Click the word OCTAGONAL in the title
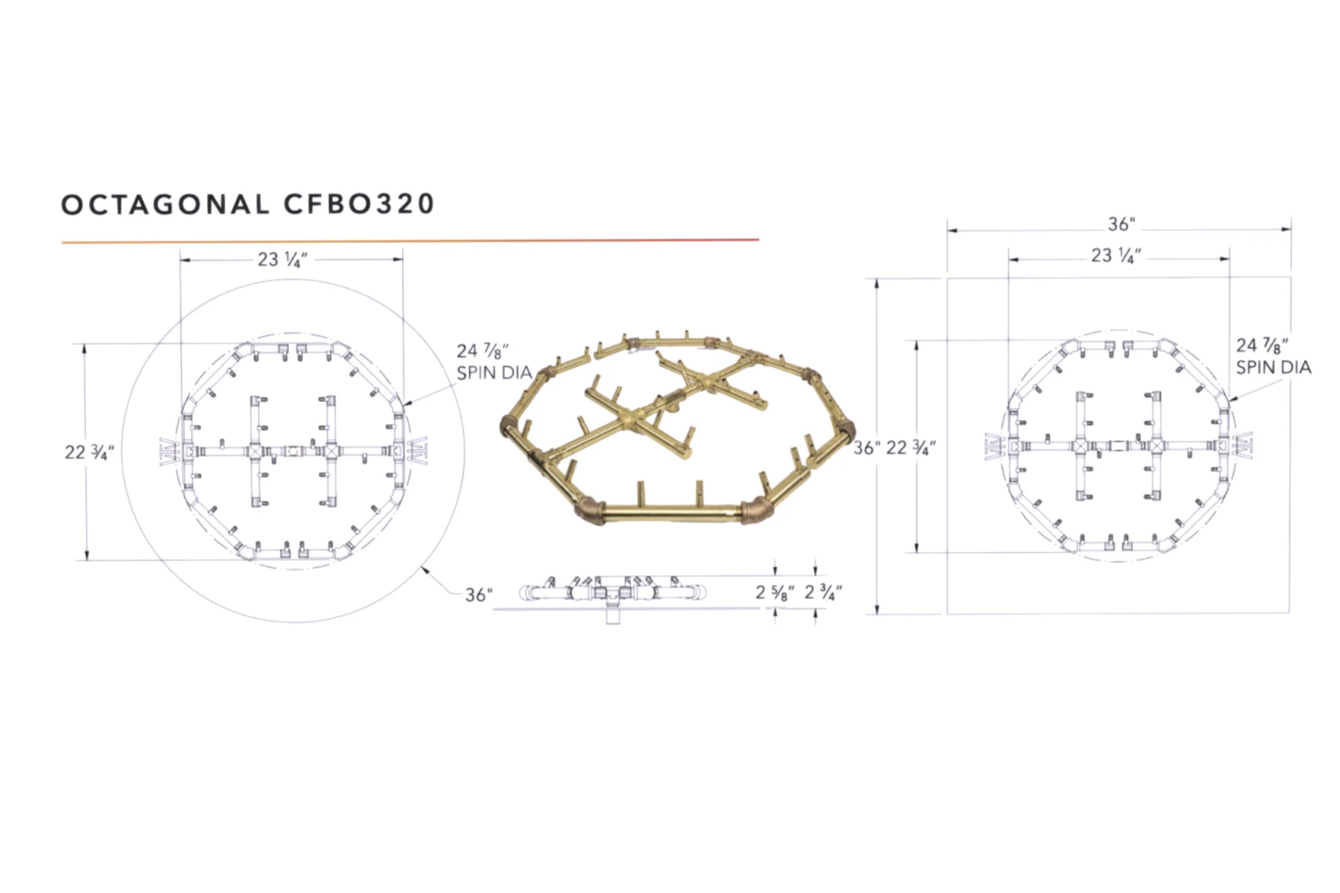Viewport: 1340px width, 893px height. tap(164, 204)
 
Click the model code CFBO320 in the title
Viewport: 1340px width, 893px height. tap(359, 204)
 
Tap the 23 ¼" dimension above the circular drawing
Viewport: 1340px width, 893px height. tap(282, 260)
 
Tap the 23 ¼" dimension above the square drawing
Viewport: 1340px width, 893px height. tap(1116, 256)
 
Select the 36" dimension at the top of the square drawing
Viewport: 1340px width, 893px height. tap(1120, 224)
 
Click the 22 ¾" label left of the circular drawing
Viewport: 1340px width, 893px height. tap(88, 452)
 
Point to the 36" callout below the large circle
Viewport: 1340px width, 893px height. tap(479, 595)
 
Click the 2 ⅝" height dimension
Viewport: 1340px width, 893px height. tap(775, 592)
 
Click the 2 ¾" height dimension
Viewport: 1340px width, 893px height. tap(823, 592)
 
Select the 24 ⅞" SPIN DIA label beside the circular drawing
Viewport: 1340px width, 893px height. tap(493, 362)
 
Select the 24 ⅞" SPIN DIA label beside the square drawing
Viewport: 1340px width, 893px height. tap(1273, 355)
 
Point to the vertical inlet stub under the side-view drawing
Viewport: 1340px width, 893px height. tap(613, 614)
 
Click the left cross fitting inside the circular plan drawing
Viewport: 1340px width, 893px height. tap(255, 452)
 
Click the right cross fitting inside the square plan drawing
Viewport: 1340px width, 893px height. tap(1158, 445)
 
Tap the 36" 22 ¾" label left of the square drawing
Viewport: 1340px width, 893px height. tap(894, 448)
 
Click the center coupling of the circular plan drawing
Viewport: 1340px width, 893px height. tap(292, 452)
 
